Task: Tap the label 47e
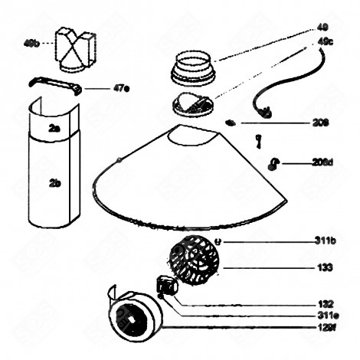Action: (121, 88)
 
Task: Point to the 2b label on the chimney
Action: (54, 183)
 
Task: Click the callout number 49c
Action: (325, 41)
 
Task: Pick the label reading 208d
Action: (322, 162)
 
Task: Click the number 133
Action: (325, 267)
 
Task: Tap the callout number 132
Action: (325, 303)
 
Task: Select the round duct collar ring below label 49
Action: (191, 67)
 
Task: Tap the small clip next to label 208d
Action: (273, 162)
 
